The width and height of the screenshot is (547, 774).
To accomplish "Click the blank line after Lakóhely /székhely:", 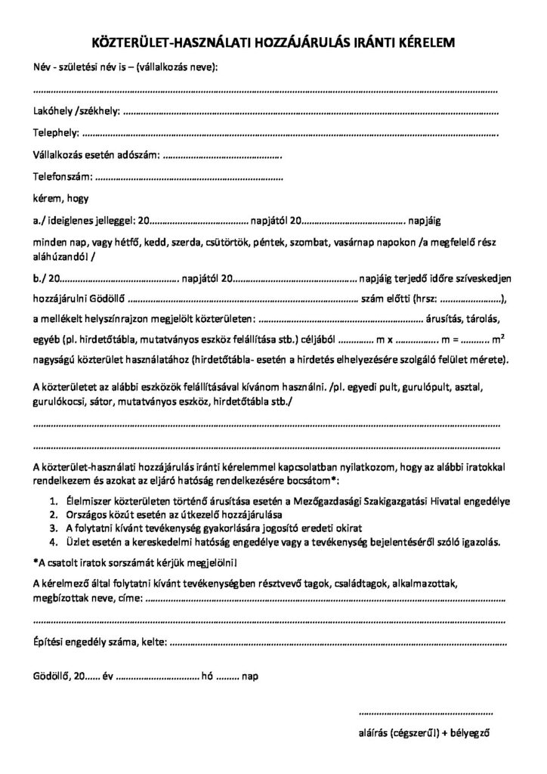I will (310, 113).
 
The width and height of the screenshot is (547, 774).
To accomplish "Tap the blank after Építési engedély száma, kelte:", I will (335, 645).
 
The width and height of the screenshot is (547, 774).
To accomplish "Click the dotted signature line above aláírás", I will (428, 713).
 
